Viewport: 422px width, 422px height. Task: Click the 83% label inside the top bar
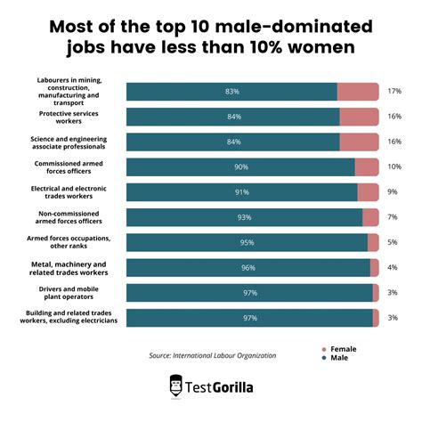[231, 91]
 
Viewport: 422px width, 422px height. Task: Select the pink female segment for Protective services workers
[359, 117]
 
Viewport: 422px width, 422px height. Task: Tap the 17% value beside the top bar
[394, 91]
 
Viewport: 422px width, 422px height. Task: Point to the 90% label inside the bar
[241, 167]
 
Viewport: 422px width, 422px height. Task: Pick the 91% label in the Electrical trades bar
[242, 192]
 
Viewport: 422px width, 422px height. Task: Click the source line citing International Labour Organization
[213, 355]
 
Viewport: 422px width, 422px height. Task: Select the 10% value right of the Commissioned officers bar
[394, 167]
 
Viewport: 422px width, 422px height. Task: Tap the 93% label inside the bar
[245, 217]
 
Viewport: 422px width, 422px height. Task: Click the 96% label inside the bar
[248, 268]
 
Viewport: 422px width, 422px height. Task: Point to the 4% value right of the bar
[392, 268]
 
